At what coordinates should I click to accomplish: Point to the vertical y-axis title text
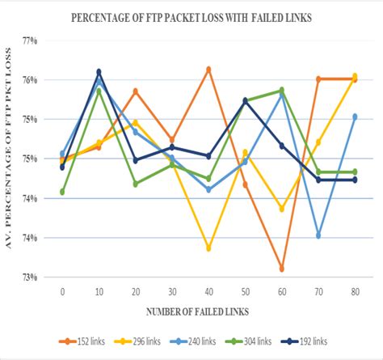(x=11, y=158)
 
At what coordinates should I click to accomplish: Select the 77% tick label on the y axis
(x=30, y=40)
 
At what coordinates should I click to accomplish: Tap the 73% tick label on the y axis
(x=30, y=277)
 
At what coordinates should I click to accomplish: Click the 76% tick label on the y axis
(x=30, y=80)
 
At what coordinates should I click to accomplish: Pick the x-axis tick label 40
(x=208, y=290)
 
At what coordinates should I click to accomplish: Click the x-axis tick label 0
(x=62, y=290)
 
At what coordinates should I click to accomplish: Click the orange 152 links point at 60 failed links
(x=281, y=269)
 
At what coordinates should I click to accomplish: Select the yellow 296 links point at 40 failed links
(x=208, y=248)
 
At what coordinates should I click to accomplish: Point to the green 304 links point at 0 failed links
(x=62, y=192)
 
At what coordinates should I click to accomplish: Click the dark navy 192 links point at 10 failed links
(x=99, y=72)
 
